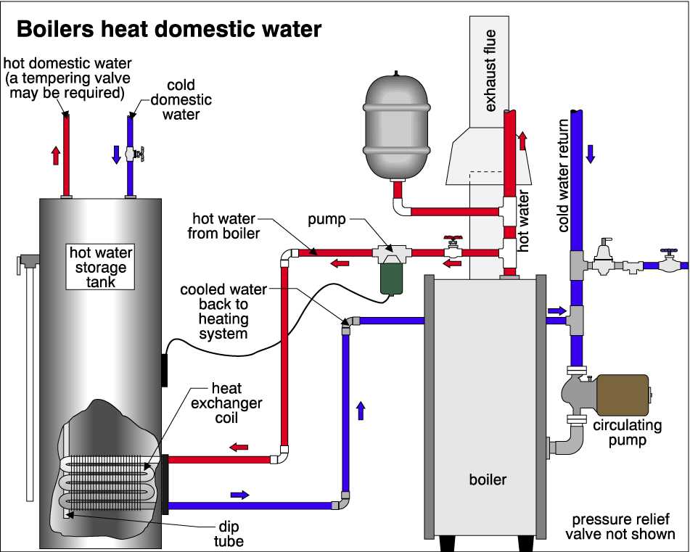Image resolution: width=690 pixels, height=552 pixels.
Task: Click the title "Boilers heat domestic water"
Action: click(x=168, y=30)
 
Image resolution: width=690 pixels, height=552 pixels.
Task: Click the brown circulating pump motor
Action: click(x=620, y=395)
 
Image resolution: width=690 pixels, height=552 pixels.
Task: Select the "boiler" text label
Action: click(x=488, y=479)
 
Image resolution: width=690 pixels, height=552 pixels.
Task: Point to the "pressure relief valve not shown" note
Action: click(x=623, y=527)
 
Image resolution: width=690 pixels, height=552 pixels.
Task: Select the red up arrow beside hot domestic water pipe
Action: click(x=55, y=155)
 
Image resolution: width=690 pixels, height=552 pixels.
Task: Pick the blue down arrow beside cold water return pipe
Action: click(x=590, y=153)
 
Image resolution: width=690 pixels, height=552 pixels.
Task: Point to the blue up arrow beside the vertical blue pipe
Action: click(x=360, y=411)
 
